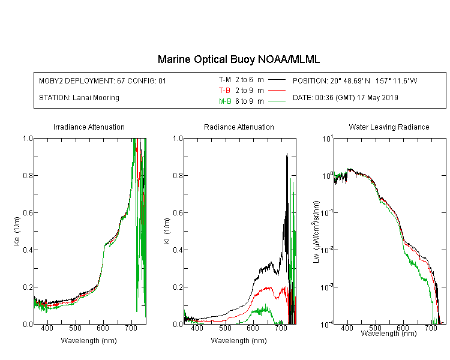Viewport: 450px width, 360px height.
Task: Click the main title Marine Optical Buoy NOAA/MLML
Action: [x=238, y=59]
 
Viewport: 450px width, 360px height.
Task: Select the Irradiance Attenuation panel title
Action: [x=89, y=127]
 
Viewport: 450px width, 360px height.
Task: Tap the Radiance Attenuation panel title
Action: [x=239, y=127]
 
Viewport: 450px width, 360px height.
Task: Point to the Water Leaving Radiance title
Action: [x=389, y=127]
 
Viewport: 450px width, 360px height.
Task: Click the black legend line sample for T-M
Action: [x=277, y=80]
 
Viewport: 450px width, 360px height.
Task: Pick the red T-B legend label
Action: [x=224, y=91]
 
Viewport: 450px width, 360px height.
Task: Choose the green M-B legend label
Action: [x=225, y=101]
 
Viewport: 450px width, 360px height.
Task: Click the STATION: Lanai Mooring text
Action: [x=79, y=98]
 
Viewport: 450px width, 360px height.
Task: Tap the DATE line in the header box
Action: [x=345, y=98]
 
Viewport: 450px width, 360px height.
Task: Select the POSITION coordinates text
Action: [x=355, y=80]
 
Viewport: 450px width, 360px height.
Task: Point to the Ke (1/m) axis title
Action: [x=17, y=231]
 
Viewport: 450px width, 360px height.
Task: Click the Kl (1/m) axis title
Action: [x=167, y=231]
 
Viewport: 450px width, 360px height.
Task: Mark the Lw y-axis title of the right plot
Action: [x=316, y=232]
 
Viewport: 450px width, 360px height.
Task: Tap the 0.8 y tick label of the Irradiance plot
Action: [x=28, y=175]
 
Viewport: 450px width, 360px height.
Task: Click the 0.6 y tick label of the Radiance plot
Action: [x=178, y=213]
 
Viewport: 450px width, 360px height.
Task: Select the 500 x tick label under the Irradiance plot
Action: [x=75, y=328]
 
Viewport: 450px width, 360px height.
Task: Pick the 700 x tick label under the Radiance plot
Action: [x=281, y=328]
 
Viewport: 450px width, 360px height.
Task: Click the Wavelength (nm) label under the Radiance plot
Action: [x=239, y=340]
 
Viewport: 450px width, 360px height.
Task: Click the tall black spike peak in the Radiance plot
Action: [x=287, y=154]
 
